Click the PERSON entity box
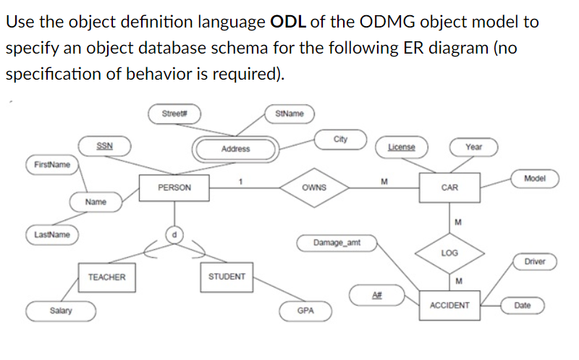[174, 188]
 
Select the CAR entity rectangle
[449, 188]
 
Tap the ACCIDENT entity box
[449, 306]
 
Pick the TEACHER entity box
[106, 277]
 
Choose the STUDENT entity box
[227, 277]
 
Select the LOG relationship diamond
[449, 253]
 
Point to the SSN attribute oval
[104, 146]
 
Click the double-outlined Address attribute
[235, 148]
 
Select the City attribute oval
[341, 138]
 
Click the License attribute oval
[403, 147]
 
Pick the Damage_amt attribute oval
[337, 242]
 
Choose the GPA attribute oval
[305, 310]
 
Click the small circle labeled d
[174, 234]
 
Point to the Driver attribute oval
[535, 261]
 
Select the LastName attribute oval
[52, 235]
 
